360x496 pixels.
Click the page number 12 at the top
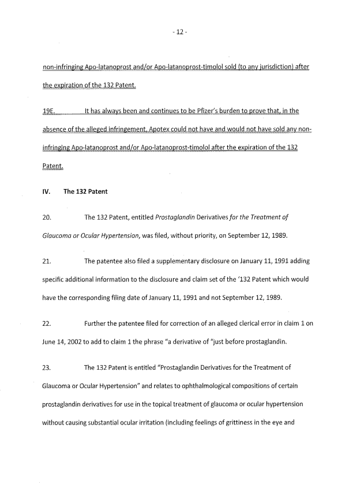coord(179,32)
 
